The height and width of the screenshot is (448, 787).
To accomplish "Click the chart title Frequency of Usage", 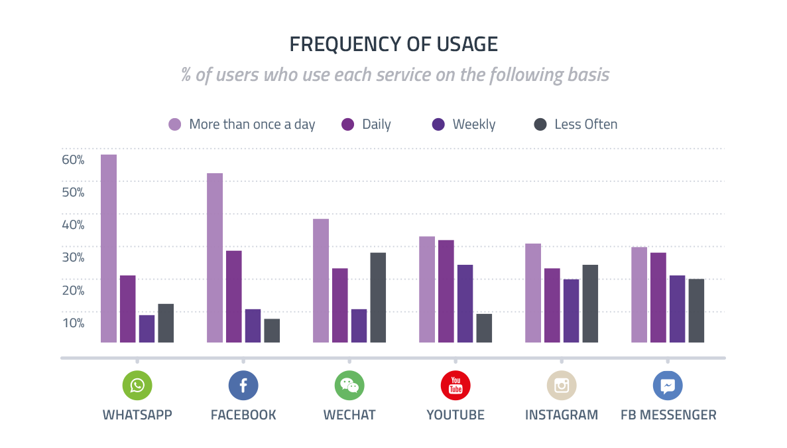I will pyautogui.click(x=393, y=44).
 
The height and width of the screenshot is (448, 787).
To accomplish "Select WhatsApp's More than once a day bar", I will pyautogui.click(x=109, y=249).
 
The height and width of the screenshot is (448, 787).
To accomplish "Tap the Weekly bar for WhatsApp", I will pyautogui.click(x=147, y=329).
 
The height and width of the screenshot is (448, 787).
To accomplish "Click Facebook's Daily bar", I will pyautogui.click(x=234, y=297).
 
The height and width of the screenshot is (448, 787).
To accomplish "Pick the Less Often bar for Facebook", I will pyautogui.click(x=272, y=331).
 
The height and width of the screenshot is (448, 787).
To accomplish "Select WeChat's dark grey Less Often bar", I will pyautogui.click(x=378, y=297).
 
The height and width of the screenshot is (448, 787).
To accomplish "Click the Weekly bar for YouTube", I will pyautogui.click(x=465, y=303).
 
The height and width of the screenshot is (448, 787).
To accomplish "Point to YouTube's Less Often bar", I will pyautogui.click(x=484, y=328).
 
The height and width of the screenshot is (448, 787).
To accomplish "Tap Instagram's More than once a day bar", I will pyautogui.click(x=533, y=293).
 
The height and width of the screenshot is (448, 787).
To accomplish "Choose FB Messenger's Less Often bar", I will pyautogui.click(x=696, y=311).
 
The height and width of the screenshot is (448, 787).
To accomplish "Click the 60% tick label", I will pyautogui.click(x=73, y=160).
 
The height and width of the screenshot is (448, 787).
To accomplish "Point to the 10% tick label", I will pyautogui.click(x=73, y=323).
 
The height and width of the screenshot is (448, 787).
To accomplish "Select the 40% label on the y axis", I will pyautogui.click(x=73, y=225).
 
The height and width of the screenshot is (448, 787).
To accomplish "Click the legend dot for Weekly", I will pyautogui.click(x=438, y=124).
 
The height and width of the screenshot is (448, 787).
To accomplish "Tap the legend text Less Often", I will pyautogui.click(x=585, y=124).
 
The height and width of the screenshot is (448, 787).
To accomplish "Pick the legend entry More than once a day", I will pyautogui.click(x=252, y=124).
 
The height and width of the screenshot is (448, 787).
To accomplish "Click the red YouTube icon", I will pyautogui.click(x=455, y=386).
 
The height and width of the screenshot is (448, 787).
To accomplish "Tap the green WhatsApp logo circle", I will pyautogui.click(x=137, y=386).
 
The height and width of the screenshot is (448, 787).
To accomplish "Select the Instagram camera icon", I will pyautogui.click(x=562, y=386).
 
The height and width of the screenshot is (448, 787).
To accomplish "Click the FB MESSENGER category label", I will pyautogui.click(x=668, y=415).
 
